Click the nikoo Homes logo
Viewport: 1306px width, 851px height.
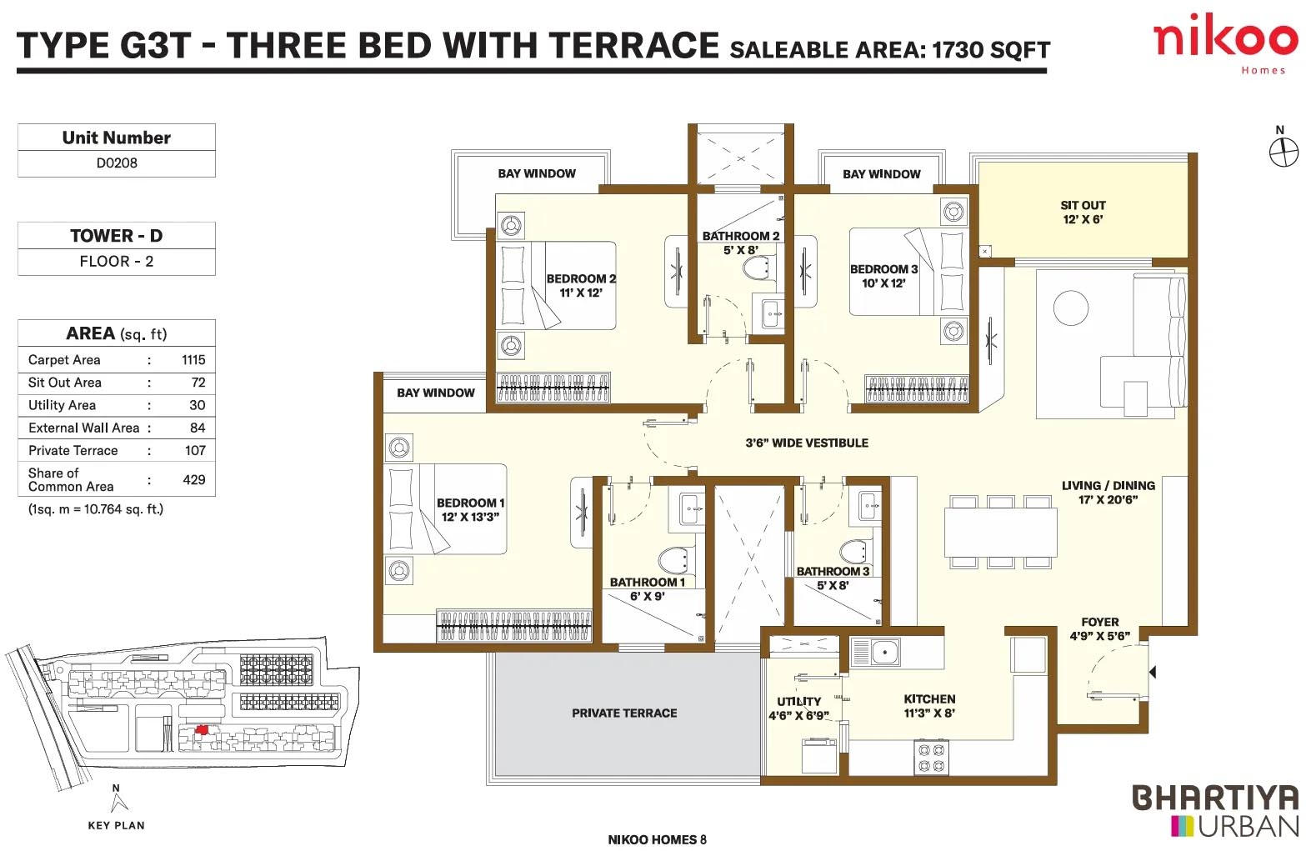[1225, 44]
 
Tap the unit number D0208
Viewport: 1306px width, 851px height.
[117, 163]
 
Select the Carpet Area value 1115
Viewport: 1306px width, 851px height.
[193, 359]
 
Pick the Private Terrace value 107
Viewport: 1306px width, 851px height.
[195, 451]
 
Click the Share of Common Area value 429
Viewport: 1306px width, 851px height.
[194, 480]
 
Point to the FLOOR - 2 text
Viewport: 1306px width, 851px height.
[117, 261]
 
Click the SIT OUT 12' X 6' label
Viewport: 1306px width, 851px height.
[1083, 213]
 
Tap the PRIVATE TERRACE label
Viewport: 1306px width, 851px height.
[624, 713]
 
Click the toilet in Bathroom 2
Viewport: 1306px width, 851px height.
[757, 268]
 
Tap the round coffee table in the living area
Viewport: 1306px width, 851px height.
[1071, 308]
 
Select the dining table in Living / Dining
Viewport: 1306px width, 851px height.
[1000, 532]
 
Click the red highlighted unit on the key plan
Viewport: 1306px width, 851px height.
[201, 730]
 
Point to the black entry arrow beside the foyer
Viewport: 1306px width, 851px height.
[1152, 672]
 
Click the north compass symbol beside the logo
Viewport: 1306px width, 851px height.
[1283, 153]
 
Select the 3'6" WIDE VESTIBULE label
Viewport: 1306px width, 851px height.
[807, 443]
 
